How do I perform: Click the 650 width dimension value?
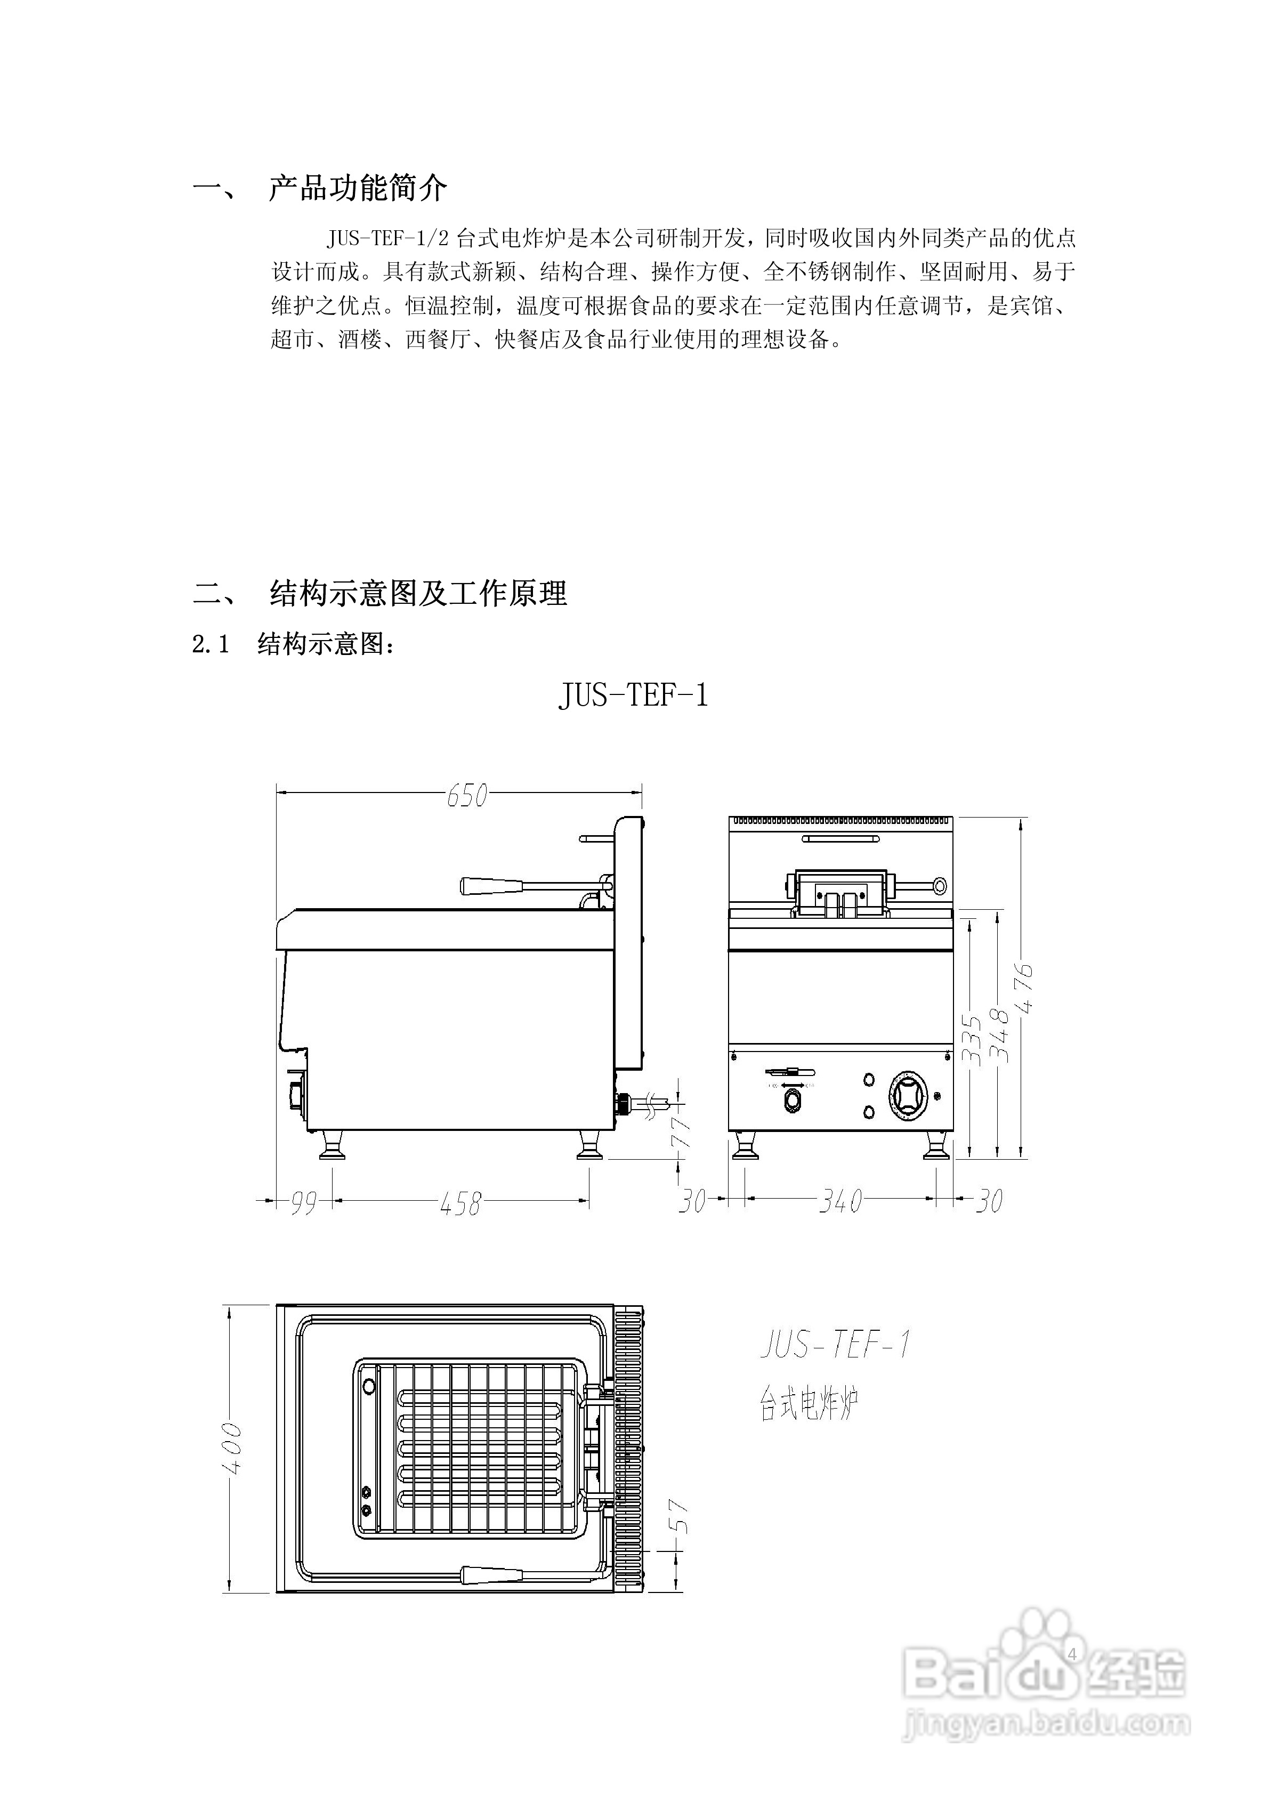coord(467,795)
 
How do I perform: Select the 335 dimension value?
coord(971,1040)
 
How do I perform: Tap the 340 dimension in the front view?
coord(840,1201)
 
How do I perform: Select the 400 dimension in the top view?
coord(232,1448)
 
